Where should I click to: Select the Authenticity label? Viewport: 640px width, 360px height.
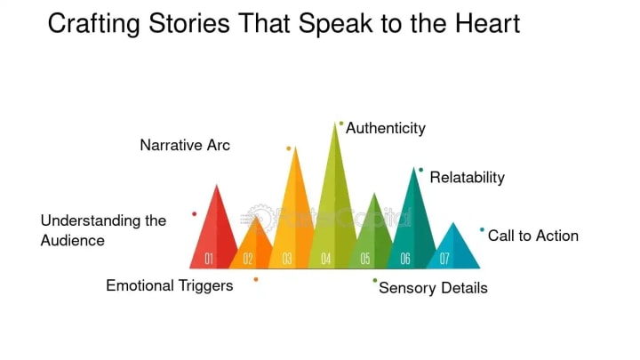386,128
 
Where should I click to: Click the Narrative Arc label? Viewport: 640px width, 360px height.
185,145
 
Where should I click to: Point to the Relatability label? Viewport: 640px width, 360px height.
467,178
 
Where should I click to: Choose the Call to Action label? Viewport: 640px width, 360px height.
533,236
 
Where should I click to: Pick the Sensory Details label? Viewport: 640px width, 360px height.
433,288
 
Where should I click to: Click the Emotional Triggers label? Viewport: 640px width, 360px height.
170,285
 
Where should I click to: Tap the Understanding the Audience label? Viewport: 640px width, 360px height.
103,230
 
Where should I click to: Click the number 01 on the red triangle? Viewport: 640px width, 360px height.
209,259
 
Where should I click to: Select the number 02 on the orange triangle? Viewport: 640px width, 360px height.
248,259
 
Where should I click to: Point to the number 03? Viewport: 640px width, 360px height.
287,259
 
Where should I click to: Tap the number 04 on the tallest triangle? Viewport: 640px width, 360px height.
326,259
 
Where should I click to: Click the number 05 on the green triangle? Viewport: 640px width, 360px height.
365,259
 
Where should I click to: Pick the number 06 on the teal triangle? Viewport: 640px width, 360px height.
404,259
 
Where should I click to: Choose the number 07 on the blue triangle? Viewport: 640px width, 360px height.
444,259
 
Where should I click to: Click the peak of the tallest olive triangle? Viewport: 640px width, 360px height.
335,124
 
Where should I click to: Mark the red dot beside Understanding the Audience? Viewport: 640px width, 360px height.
194,214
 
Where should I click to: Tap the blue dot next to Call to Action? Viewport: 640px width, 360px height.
483,230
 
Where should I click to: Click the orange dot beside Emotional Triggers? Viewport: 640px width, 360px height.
256,279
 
